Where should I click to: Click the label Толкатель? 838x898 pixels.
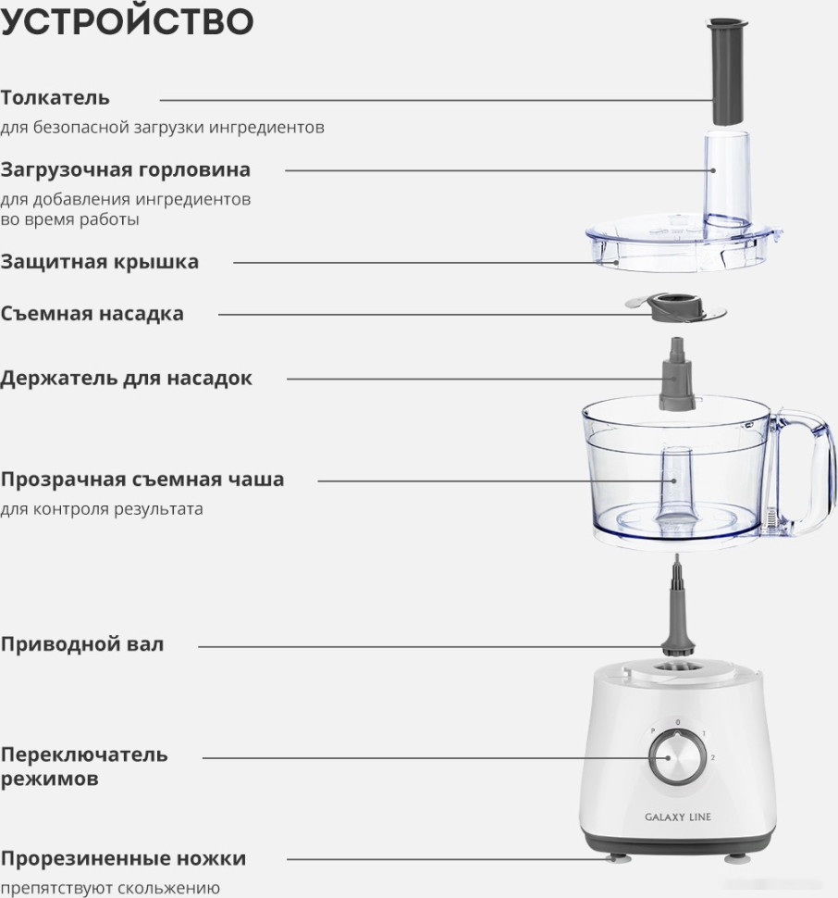pyautogui.click(x=55, y=97)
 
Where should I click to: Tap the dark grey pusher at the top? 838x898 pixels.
pyautogui.click(x=724, y=70)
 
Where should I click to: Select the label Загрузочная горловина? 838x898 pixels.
pyautogui.click(x=126, y=170)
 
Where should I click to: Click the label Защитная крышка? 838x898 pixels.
pyautogui.click(x=100, y=262)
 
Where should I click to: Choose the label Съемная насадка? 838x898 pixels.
pyautogui.click(x=92, y=314)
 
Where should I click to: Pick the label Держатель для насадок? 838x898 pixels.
pyautogui.click(x=126, y=379)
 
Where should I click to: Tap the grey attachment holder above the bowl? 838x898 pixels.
pyautogui.click(x=676, y=380)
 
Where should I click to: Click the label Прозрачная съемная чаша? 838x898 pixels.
pyautogui.click(x=142, y=480)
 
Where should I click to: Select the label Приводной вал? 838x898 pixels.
pyautogui.click(x=82, y=644)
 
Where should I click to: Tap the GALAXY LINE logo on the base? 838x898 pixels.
pyautogui.click(x=677, y=817)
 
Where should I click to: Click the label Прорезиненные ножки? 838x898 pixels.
pyautogui.click(x=123, y=858)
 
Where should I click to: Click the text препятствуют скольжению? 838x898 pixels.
pyautogui.click(x=110, y=888)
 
